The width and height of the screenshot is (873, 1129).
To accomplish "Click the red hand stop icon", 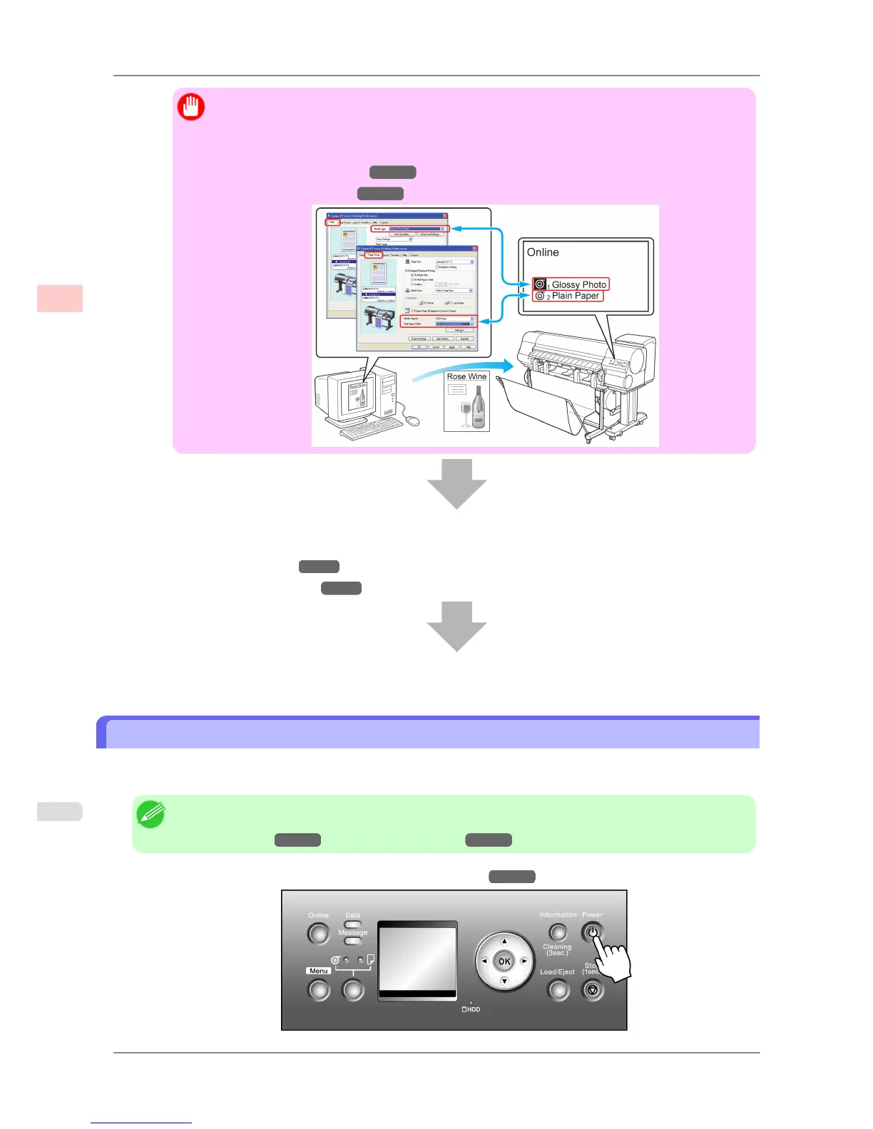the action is [x=191, y=107].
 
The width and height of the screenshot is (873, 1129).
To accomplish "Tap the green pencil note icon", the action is [x=150, y=814].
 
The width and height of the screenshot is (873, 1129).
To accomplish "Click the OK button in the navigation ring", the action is [x=504, y=961].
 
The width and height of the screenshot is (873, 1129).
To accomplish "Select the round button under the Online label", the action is [x=319, y=933].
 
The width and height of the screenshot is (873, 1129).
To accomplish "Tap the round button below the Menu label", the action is [x=319, y=989].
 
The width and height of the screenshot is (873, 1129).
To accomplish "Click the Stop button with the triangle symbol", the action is [x=592, y=989].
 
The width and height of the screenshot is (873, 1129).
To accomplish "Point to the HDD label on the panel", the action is [x=471, y=1009].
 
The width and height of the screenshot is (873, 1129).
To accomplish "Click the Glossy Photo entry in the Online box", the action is [x=571, y=284].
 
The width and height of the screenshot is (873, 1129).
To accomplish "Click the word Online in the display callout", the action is [x=543, y=252].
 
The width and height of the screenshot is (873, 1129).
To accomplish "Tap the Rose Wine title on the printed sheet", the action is [x=466, y=376].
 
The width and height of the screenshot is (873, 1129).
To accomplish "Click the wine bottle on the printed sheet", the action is [x=478, y=407].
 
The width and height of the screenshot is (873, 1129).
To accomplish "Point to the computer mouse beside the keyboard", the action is [x=414, y=421].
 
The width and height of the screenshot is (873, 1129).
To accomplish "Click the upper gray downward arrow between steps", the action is [x=456, y=483].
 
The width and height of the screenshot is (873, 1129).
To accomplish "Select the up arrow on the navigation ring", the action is [x=504, y=941].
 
